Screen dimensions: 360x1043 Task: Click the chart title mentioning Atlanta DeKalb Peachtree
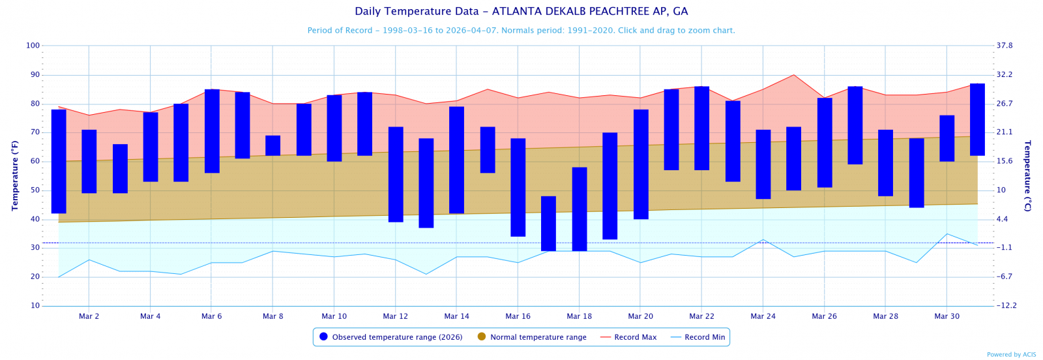pos(521,12)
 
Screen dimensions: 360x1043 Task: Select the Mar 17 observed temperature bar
pos(548,223)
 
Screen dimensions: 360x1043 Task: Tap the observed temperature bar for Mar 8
pos(272,145)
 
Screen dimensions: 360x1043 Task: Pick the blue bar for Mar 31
pos(977,119)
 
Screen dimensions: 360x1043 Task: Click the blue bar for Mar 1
pos(59,161)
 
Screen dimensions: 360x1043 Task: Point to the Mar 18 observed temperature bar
pos(580,209)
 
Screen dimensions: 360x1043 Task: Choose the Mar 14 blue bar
pos(456,160)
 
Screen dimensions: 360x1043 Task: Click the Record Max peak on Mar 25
pos(793,75)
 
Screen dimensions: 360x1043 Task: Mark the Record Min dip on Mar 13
pos(426,274)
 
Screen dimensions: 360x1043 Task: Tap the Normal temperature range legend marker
pos(482,337)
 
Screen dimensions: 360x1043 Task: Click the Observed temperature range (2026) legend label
pos(397,337)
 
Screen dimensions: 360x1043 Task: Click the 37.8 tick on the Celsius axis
pos(1005,46)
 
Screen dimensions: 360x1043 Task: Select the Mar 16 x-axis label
pos(518,316)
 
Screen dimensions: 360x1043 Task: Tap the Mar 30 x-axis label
pos(947,316)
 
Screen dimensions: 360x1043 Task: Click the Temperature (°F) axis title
pos(14,175)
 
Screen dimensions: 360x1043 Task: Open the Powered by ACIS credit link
pos(1011,355)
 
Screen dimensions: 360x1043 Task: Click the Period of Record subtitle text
pos(521,31)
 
